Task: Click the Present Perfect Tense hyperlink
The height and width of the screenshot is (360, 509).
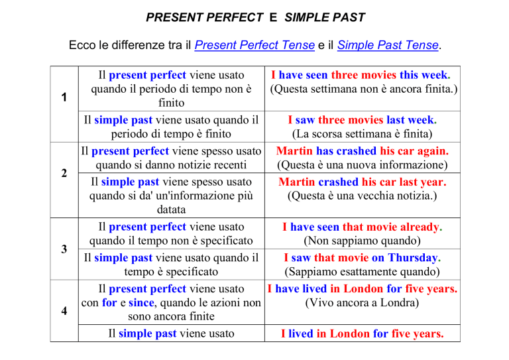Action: point(254,45)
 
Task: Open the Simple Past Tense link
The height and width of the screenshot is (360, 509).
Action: point(388,45)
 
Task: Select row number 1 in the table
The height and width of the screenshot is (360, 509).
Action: point(64,97)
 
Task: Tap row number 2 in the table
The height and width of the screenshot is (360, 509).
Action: point(64,173)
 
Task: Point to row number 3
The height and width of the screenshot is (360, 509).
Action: point(64,249)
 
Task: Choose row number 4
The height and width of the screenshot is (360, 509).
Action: point(64,311)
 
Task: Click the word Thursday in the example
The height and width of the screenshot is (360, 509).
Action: point(413,258)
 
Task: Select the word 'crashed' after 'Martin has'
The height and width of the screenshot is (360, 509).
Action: point(356,151)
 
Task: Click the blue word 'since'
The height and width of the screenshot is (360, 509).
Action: point(141,302)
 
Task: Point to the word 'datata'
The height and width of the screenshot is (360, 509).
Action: point(171,210)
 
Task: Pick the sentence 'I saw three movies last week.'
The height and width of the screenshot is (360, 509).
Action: point(363,120)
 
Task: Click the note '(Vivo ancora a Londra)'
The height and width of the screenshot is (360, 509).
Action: point(362,303)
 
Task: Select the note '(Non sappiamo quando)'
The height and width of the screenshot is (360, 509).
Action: point(363,241)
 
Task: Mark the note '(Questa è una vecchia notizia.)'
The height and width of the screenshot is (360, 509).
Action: point(363,196)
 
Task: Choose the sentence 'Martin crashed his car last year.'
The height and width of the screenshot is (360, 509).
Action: point(363,182)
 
